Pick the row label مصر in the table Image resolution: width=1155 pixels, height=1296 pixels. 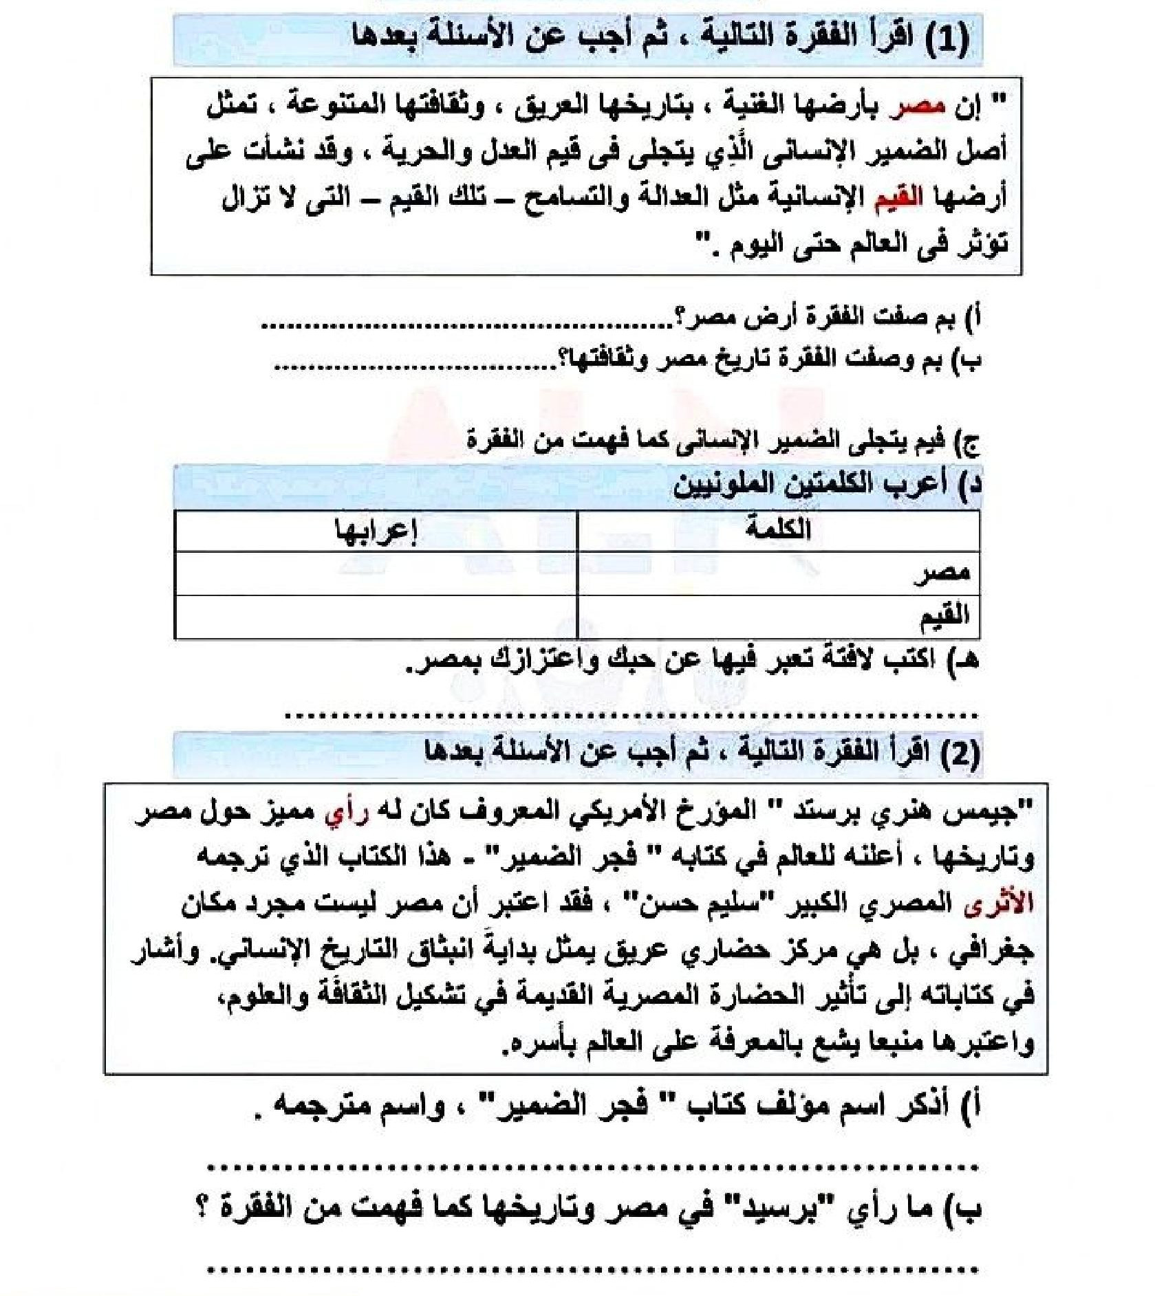[942, 573]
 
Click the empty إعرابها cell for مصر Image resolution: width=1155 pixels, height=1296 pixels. [376, 573]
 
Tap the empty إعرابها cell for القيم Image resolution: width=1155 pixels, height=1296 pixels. [376, 617]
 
